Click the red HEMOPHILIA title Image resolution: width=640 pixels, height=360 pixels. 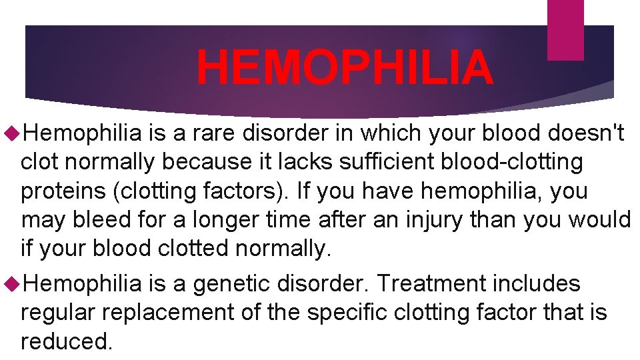[345, 69]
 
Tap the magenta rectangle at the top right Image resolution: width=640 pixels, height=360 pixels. [565, 29]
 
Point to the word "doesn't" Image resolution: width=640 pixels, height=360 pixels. [585, 134]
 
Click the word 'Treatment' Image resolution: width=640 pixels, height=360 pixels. [431, 284]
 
